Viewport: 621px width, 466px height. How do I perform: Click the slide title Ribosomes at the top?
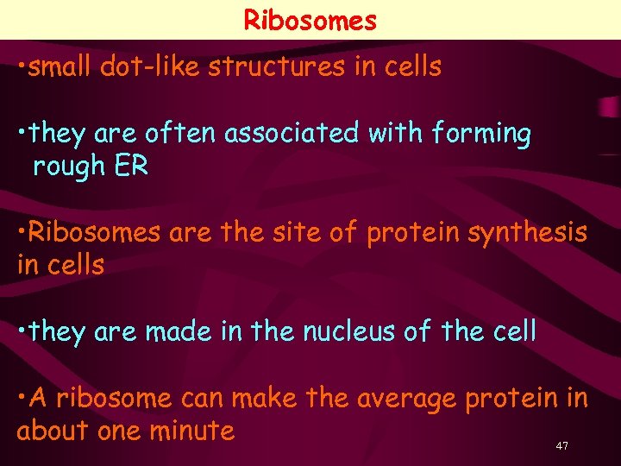point(310,19)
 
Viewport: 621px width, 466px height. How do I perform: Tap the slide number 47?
point(562,445)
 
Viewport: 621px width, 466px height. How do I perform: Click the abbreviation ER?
point(131,166)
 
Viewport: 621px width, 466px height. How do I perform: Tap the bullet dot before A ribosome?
point(21,397)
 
